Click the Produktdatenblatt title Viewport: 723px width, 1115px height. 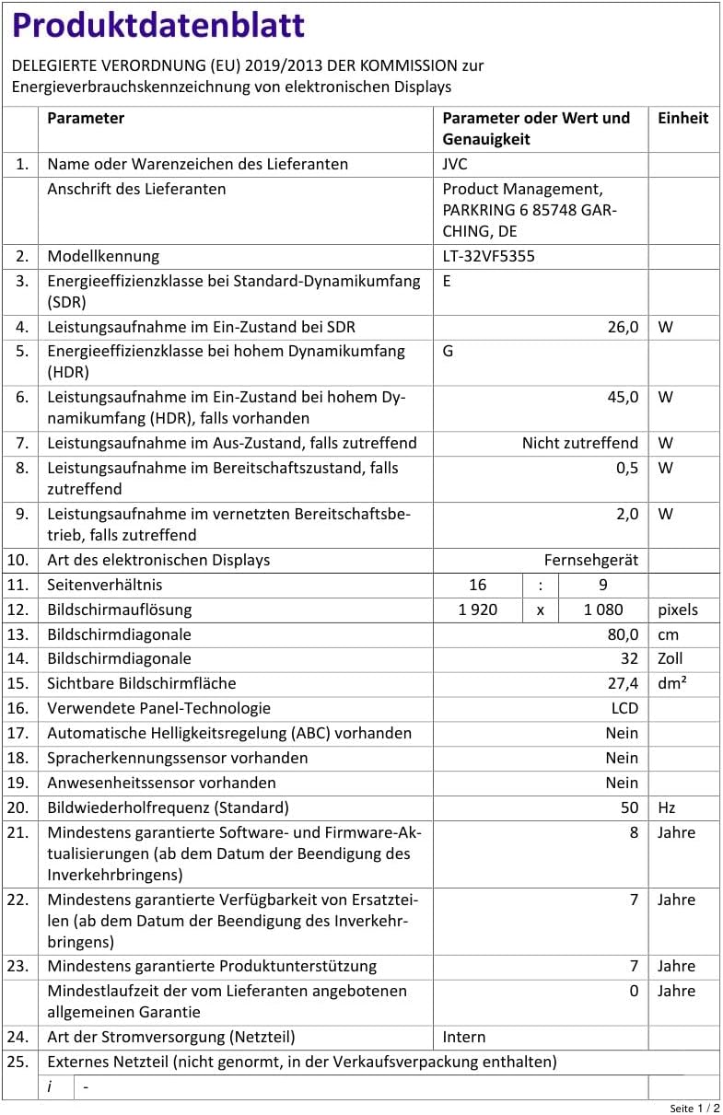click(x=158, y=26)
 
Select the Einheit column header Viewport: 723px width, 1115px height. click(x=682, y=118)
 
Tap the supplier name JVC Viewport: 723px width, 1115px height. click(x=455, y=164)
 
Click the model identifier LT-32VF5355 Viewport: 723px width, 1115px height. click(x=488, y=256)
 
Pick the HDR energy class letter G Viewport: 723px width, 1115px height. click(x=448, y=351)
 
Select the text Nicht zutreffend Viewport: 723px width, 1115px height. click(x=580, y=443)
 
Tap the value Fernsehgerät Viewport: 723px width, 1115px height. click(x=591, y=560)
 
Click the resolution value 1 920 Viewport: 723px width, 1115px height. click(x=477, y=610)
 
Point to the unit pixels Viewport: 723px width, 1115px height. click(x=678, y=610)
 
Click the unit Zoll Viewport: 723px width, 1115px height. click(x=671, y=658)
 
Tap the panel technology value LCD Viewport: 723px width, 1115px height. click(x=624, y=708)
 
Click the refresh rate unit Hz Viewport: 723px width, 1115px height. click(x=667, y=807)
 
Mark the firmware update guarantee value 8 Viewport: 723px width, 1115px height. click(x=634, y=832)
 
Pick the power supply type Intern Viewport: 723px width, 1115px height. click(x=464, y=1037)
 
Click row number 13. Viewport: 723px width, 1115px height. click(x=18, y=634)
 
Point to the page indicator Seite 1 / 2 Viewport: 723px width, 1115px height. click(x=694, y=1108)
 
